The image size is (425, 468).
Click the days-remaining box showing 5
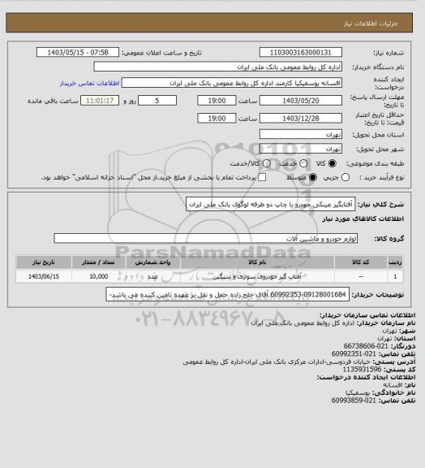[157, 101]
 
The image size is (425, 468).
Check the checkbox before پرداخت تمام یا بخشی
[261, 177]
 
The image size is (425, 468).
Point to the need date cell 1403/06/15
[41, 277]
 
